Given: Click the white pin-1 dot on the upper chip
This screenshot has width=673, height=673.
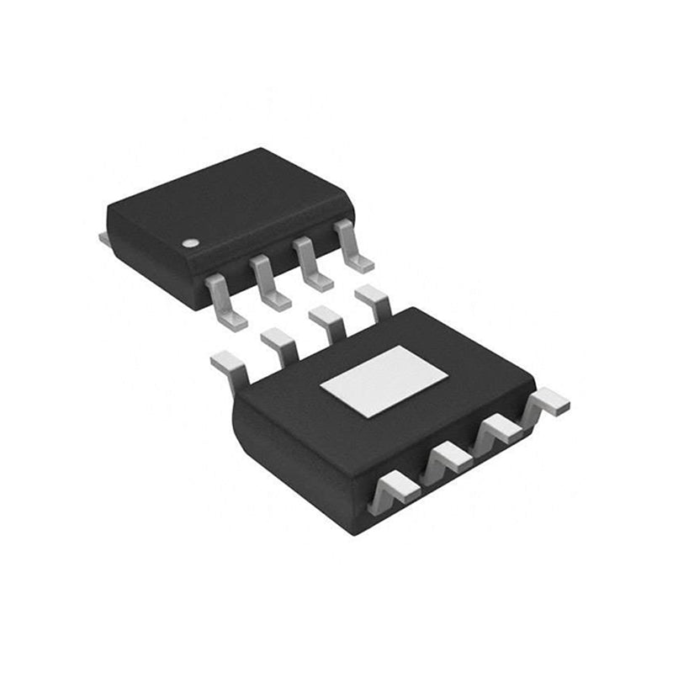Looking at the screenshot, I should (x=191, y=242).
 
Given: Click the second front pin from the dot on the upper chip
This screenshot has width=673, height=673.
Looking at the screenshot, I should (x=268, y=279).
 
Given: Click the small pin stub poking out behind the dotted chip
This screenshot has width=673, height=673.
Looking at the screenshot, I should (x=105, y=241).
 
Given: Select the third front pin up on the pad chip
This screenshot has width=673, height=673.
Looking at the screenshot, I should (x=501, y=431).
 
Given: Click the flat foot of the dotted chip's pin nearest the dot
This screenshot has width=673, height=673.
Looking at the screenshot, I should (x=233, y=315).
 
